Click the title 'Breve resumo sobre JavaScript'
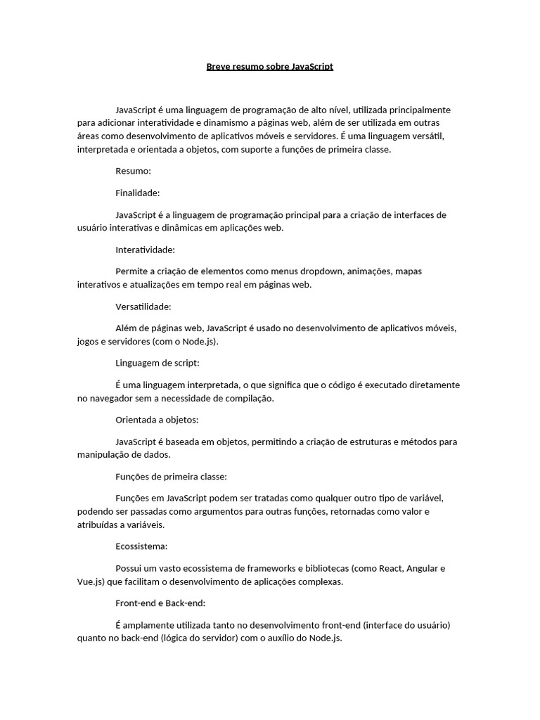270,67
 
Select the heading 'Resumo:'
134,171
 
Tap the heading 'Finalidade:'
138,193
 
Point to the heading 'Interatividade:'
146,250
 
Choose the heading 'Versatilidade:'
143,307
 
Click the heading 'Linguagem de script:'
157,364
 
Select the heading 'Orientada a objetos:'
157,420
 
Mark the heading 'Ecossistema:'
141,546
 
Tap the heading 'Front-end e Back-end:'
160,603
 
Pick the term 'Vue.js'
90,582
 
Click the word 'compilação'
249,399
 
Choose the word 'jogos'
88,342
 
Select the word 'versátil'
428,137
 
